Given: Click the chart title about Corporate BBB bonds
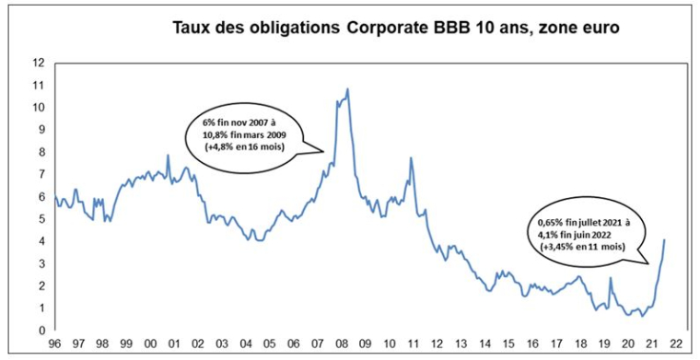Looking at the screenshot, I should (x=396, y=28).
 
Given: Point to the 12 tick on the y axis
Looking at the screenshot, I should (x=38, y=63).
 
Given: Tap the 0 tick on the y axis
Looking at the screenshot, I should (x=41, y=331).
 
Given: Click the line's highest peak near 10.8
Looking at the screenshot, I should (x=347, y=89).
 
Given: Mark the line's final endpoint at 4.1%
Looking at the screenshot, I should (x=665, y=240).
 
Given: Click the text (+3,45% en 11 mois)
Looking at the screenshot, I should (x=577, y=247).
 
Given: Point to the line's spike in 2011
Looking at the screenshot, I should (x=410, y=158).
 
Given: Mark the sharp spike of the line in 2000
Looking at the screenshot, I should (x=167, y=156).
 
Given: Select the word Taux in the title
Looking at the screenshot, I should (x=192, y=28).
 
